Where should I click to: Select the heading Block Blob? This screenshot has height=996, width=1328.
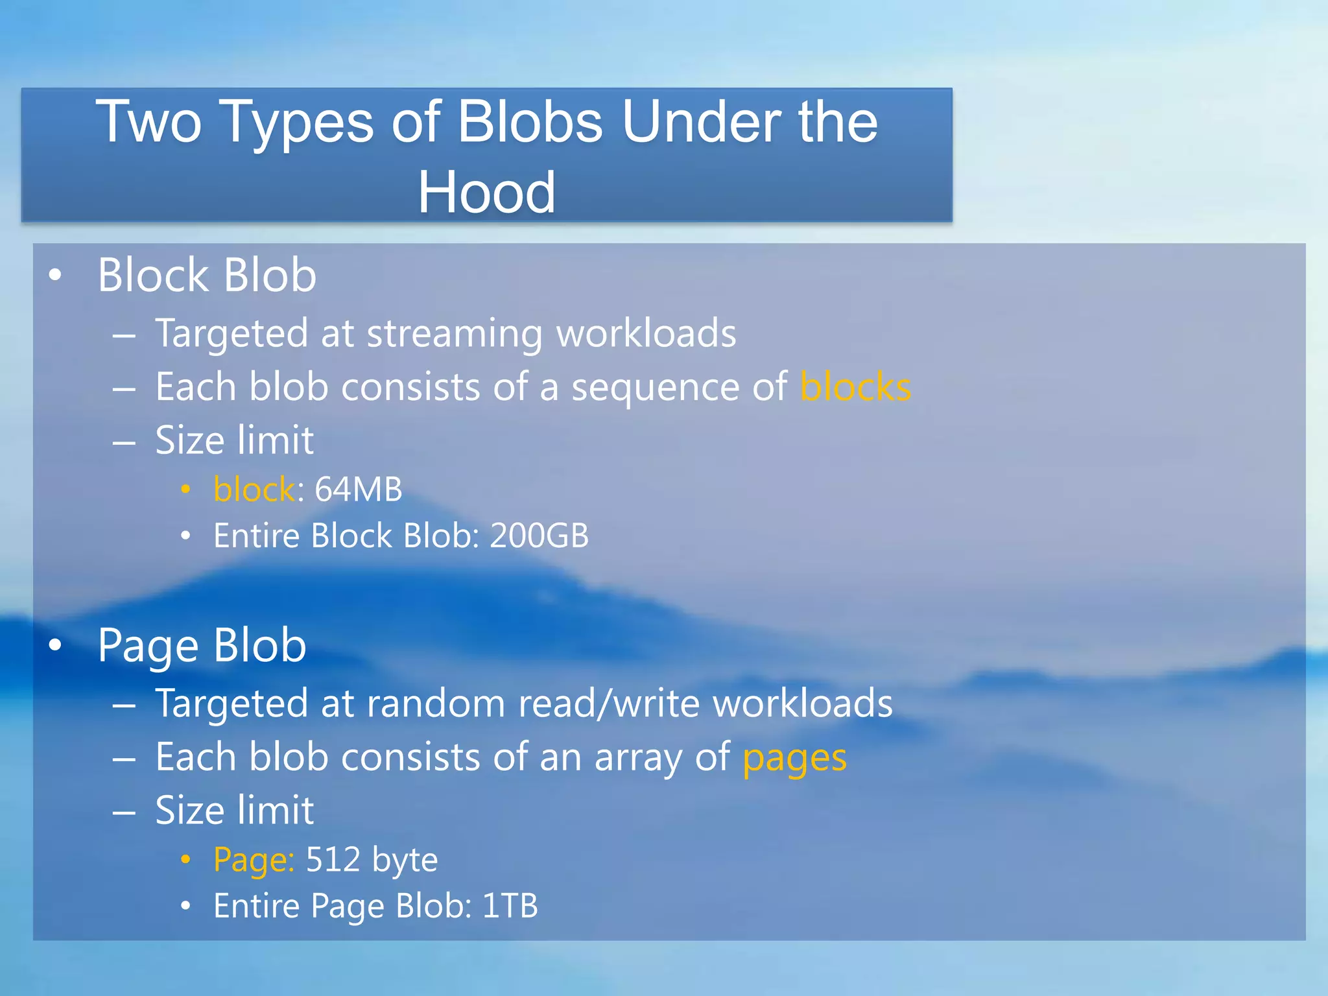(x=206, y=275)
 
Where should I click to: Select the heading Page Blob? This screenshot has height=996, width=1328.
(x=202, y=645)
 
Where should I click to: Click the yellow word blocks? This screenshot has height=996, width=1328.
(x=855, y=387)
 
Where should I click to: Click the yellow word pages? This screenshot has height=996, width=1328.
(x=794, y=757)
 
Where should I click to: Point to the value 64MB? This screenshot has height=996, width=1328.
(x=358, y=489)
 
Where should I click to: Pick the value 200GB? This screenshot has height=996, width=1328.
(x=539, y=536)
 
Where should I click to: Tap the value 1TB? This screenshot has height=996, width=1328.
(x=510, y=905)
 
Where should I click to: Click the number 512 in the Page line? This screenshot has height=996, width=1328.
(x=333, y=859)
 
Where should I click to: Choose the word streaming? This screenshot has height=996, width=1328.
(x=454, y=334)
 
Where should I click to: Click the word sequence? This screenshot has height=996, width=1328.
(x=655, y=387)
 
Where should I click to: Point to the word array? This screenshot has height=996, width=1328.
(x=638, y=757)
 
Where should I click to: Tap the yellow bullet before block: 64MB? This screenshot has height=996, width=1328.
(x=185, y=490)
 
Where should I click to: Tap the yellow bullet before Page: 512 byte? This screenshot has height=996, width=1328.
(x=185, y=860)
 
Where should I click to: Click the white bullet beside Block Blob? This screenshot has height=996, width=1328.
(x=55, y=276)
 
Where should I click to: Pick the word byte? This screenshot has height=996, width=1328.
(x=405, y=860)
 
